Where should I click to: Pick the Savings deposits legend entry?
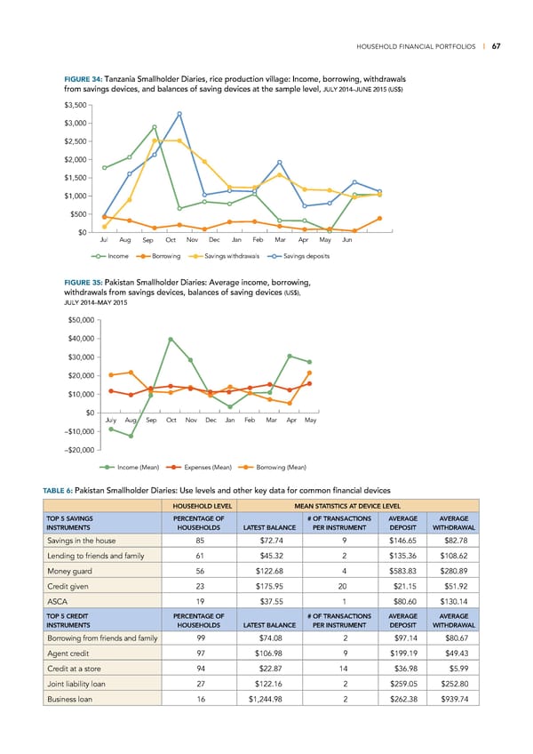[306, 256]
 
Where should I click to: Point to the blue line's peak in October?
[179, 114]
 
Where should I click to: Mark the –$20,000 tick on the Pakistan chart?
[81, 449]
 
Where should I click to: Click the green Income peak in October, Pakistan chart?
[171, 339]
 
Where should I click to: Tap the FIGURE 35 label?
[83, 283]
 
